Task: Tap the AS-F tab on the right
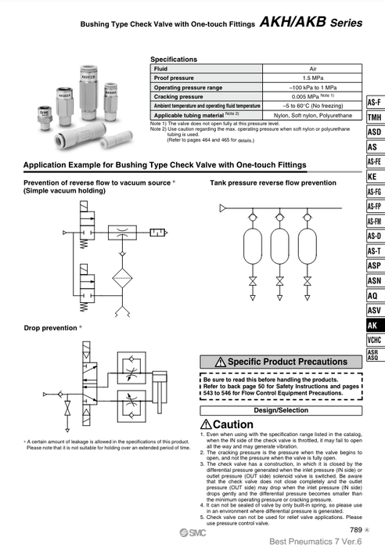(374, 103)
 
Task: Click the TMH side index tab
(374, 117)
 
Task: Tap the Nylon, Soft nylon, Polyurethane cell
(308, 115)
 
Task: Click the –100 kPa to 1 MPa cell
(308, 88)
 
